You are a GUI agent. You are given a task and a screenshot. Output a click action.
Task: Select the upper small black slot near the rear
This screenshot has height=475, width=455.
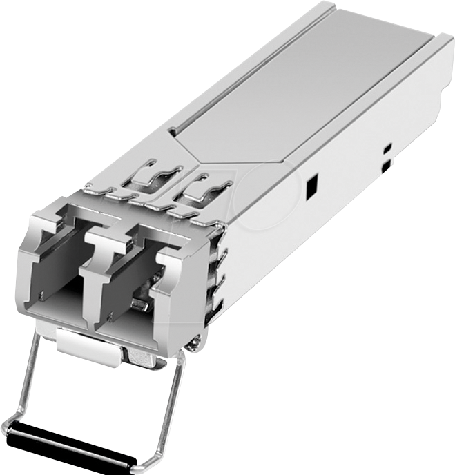click(387, 147)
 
